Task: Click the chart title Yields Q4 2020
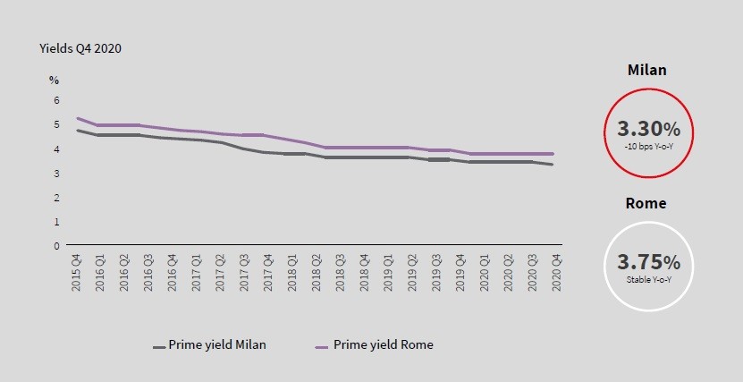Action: (x=80, y=48)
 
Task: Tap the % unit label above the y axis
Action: (x=55, y=80)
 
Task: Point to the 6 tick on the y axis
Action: (x=55, y=100)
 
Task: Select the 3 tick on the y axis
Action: (x=55, y=173)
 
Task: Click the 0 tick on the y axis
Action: (x=55, y=245)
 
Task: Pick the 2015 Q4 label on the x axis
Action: (x=78, y=271)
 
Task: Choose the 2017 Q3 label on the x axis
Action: (x=244, y=271)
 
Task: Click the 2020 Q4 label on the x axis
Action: (x=555, y=271)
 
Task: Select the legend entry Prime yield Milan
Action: (x=209, y=344)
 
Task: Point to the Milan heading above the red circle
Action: (x=647, y=70)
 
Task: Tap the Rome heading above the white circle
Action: (x=647, y=203)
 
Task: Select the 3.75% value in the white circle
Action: (x=648, y=262)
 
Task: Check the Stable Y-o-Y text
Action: (x=648, y=279)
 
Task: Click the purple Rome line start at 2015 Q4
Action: (x=78, y=118)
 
